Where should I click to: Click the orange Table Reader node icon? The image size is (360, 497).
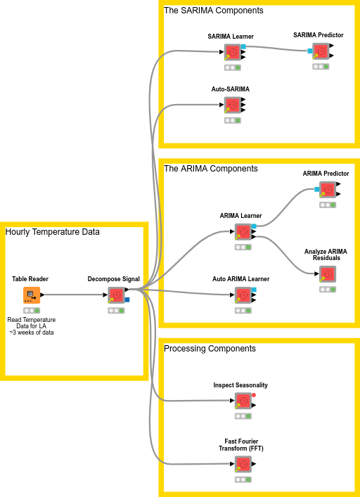[x=31, y=295]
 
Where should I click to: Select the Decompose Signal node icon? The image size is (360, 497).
[x=115, y=295]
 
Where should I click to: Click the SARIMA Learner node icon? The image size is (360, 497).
[x=232, y=53]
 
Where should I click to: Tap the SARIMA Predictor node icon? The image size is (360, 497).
[x=321, y=51]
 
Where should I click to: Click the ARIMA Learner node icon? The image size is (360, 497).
[x=243, y=232]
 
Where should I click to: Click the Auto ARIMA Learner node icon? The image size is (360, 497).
[x=243, y=295]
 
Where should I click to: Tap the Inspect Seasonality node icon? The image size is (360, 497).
[x=243, y=401]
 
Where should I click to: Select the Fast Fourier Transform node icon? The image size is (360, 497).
[x=243, y=464]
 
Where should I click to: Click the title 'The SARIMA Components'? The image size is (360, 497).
[x=214, y=11]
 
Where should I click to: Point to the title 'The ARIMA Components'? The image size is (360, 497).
[x=211, y=169]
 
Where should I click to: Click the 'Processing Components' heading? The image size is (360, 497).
[x=210, y=349]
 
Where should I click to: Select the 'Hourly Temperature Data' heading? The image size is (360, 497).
[x=53, y=232]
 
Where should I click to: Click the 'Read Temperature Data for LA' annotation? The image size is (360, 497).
[x=31, y=325]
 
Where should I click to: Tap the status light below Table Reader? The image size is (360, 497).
[x=31, y=310]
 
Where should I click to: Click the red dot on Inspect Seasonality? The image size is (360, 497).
[x=254, y=396]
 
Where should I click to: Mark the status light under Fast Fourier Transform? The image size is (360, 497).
[x=243, y=479]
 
